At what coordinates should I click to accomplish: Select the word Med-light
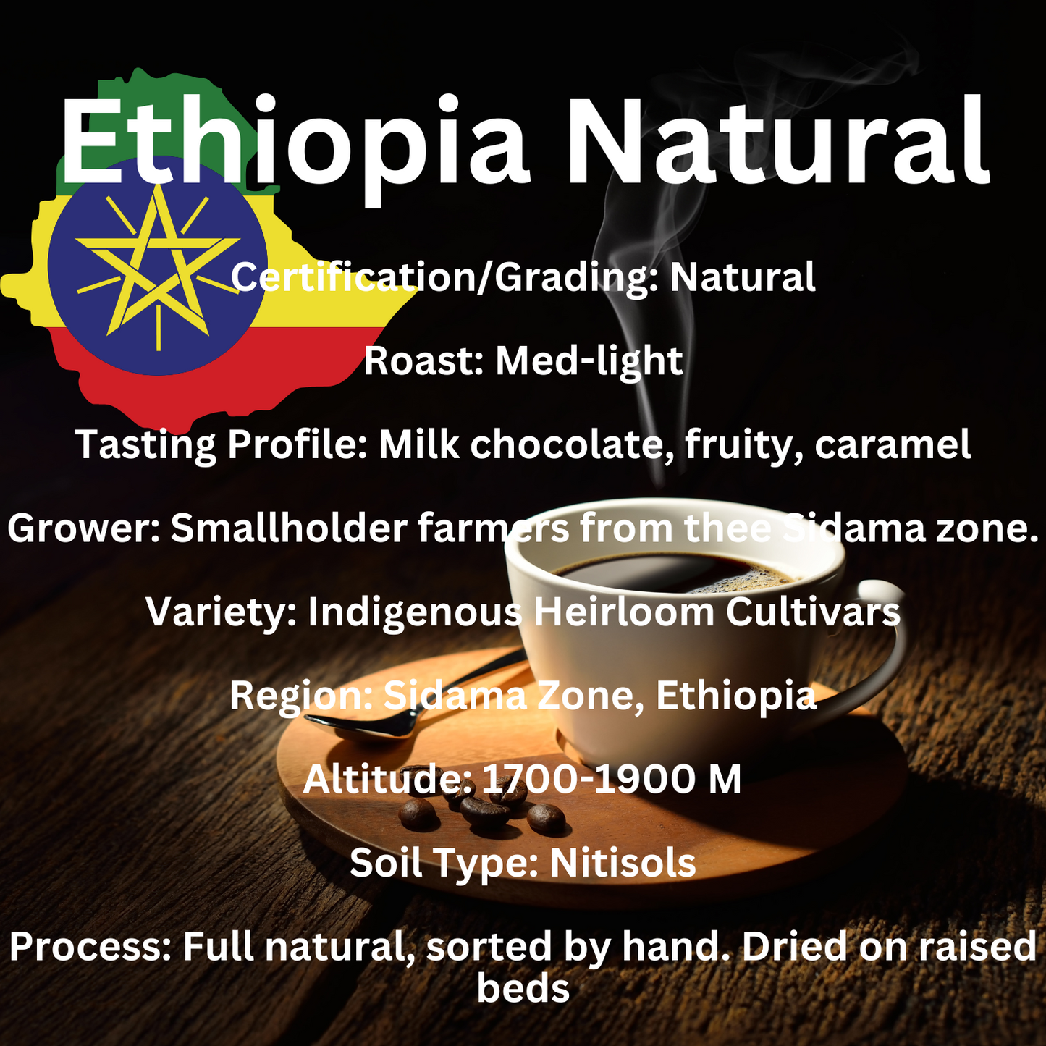[x=589, y=360]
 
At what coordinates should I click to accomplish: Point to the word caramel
[x=892, y=444]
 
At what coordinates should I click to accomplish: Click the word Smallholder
[x=289, y=528]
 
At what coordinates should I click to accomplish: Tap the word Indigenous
[x=414, y=612]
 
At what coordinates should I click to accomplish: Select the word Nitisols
[x=623, y=863]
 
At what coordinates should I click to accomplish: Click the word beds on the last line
[x=523, y=988]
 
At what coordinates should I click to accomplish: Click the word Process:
[x=90, y=947]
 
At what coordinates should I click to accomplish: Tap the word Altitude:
[x=387, y=780]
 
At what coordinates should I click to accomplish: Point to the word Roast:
[x=423, y=360]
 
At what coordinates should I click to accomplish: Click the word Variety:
[x=222, y=612]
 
